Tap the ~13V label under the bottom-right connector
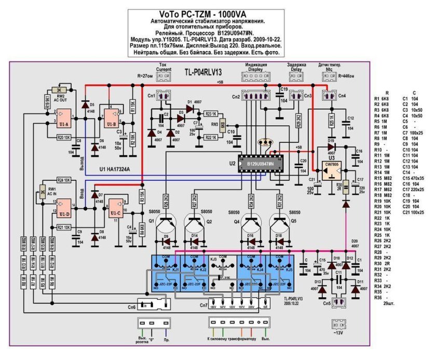tap(337, 333)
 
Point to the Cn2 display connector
tap(254, 96)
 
